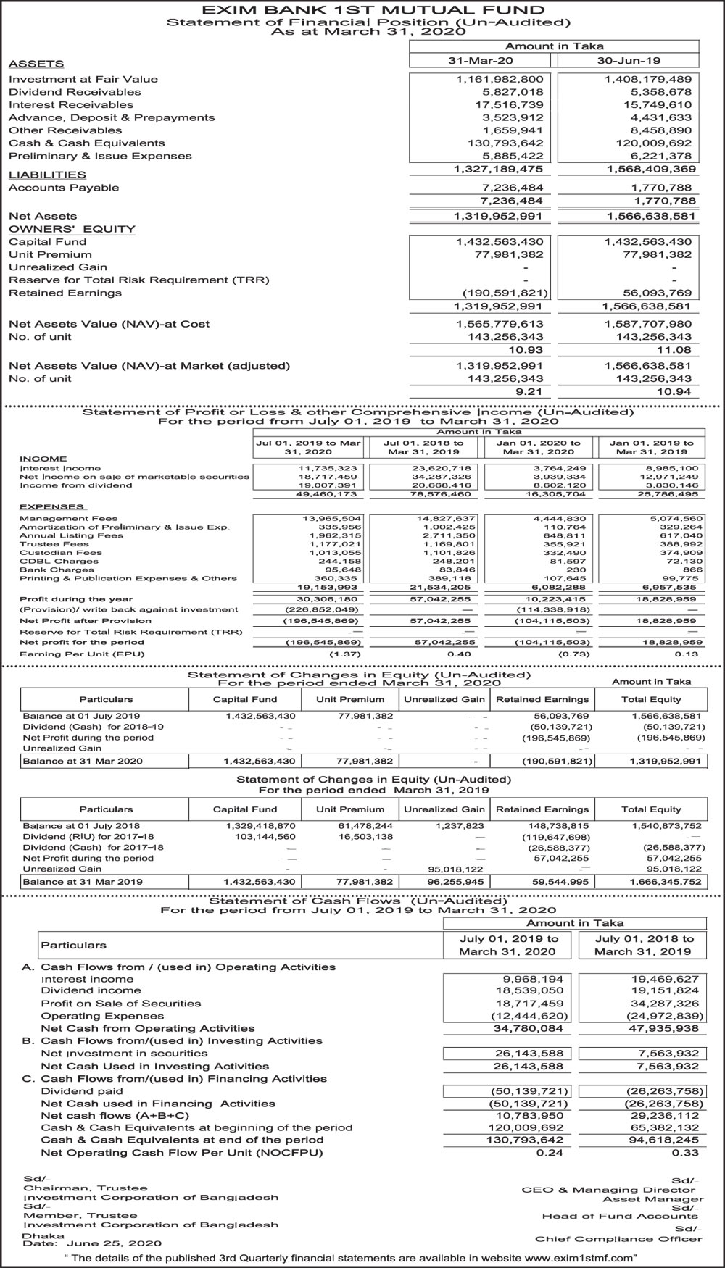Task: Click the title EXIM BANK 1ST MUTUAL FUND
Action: click(362, 10)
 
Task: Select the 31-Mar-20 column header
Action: click(480, 61)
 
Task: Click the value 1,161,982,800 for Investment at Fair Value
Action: click(500, 80)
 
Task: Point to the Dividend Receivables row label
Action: click(75, 92)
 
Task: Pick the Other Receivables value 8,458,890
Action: click(650, 130)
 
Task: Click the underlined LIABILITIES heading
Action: click(47, 175)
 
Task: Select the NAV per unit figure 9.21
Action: click(529, 391)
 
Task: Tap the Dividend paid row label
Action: click(82, 1091)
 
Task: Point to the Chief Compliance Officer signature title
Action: click(618, 1239)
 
